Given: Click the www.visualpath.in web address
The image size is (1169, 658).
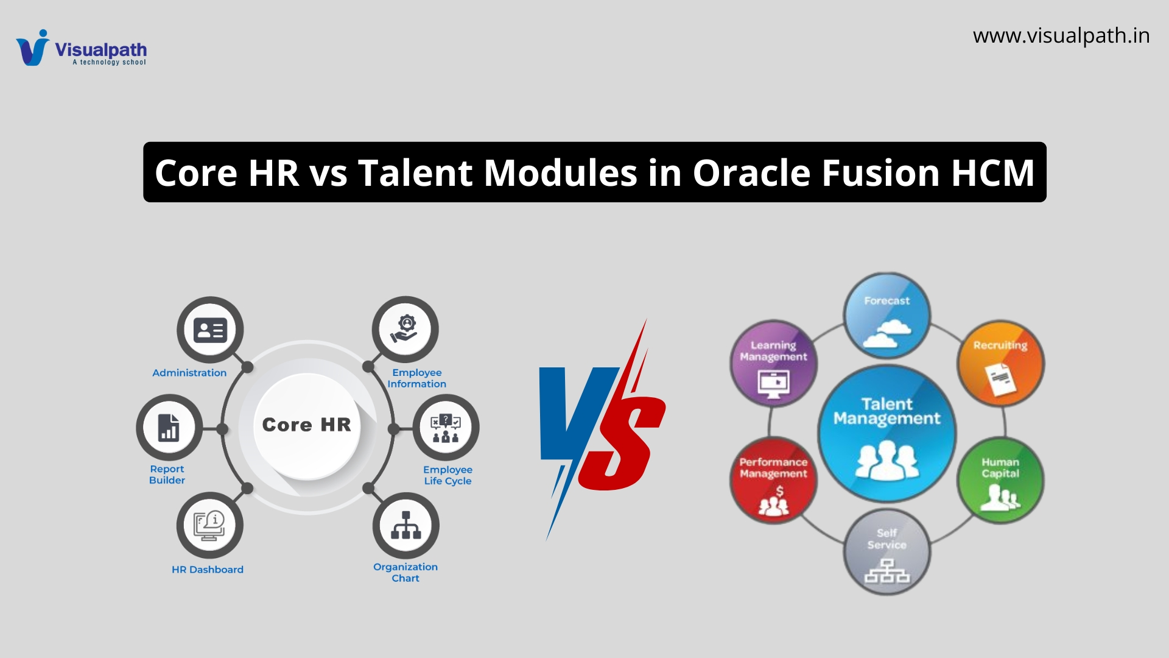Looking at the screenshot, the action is tap(1061, 36).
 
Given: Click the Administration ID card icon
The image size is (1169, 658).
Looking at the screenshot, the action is tap(210, 330).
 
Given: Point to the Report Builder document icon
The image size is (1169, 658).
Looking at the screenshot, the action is tap(169, 428).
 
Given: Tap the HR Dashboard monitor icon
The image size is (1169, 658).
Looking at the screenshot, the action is tap(209, 526).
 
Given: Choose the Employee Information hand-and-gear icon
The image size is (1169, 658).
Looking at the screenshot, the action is tap(405, 329).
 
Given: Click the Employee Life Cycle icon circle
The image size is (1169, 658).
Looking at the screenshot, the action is tap(446, 428).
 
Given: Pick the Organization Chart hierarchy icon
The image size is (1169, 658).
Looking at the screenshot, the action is tap(406, 525).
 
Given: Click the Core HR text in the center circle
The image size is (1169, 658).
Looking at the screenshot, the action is tap(307, 425).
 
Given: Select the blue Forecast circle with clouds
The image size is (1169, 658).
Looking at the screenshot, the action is tap(887, 316).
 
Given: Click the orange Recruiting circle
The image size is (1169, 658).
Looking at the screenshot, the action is tap(1000, 363).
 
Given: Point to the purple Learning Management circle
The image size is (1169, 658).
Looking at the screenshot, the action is tap(773, 364).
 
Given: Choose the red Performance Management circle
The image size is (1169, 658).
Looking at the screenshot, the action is tap(773, 481).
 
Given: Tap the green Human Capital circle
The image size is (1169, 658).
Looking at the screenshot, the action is tap(1000, 480).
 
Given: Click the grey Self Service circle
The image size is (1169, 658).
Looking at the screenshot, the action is tap(887, 552).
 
